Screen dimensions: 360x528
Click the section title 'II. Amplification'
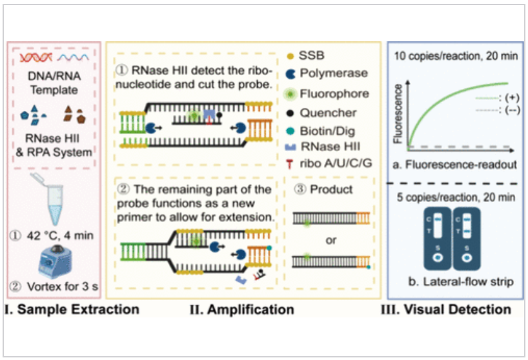coord(241,310)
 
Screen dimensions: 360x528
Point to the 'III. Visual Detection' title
coord(454,310)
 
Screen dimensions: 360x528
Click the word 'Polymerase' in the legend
coord(339,75)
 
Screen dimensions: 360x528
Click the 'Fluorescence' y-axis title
coord(400,113)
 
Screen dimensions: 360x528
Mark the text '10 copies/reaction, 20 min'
coord(454,57)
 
